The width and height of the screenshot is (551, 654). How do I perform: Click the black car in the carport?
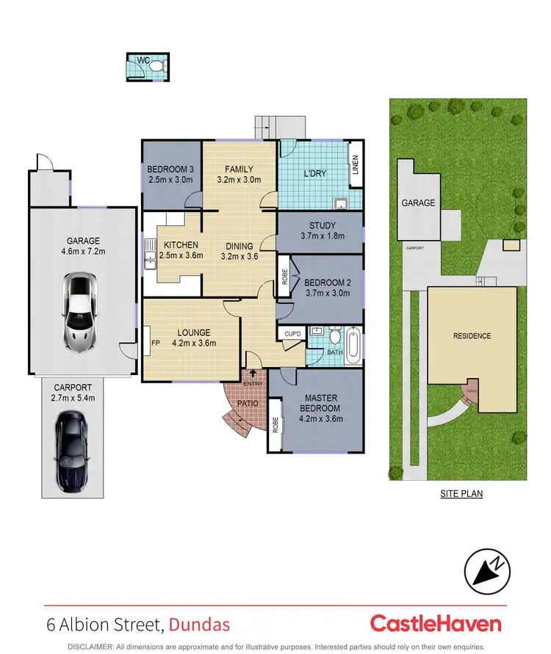(x=71, y=450)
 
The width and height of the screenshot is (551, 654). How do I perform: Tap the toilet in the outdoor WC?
(x=156, y=65)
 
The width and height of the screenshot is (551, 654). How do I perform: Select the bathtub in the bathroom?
(x=353, y=344)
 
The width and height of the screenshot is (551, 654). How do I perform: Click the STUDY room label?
(x=320, y=225)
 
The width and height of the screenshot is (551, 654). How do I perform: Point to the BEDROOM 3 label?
(x=171, y=169)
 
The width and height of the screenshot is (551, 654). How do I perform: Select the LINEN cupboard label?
(x=355, y=171)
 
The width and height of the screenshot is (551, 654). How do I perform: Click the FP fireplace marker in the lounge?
(x=155, y=343)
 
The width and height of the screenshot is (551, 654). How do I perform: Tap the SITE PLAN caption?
(x=461, y=494)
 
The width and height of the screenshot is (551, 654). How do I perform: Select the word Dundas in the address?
(x=199, y=625)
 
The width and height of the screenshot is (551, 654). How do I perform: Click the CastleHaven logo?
(x=436, y=624)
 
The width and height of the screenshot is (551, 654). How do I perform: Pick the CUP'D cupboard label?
(x=292, y=334)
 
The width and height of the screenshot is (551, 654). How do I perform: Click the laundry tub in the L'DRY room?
(x=341, y=203)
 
